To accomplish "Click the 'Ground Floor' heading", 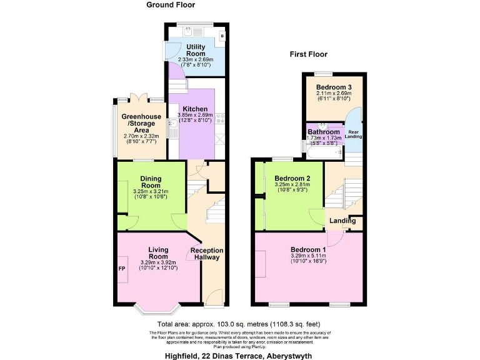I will tap(171, 5).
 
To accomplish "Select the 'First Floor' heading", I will tap(310, 54).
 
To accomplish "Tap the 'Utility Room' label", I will tap(196, 50).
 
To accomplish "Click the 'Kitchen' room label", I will tap(195, 109).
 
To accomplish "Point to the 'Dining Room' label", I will tap(151, 182).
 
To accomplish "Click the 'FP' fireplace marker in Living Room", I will tap(122, 269).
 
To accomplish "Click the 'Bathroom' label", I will tap(323, 132).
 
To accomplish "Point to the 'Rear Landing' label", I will tap(354, 134).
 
